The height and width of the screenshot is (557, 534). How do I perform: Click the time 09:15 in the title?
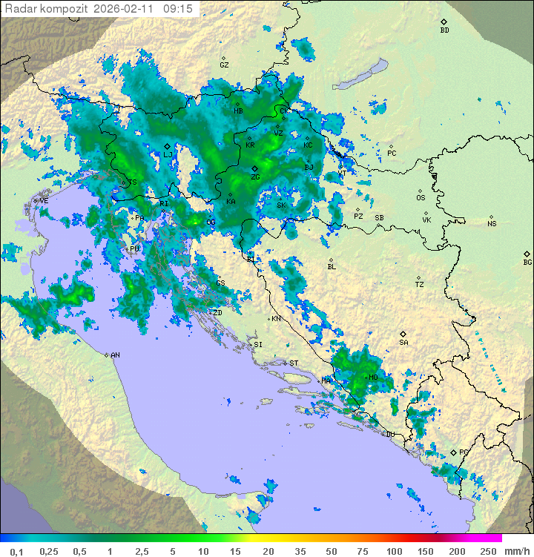coord(178,8)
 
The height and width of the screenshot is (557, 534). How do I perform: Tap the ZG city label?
coord(255,177)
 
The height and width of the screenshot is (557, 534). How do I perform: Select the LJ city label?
coord(168,154)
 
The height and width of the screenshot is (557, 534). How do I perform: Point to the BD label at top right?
coord(444,30)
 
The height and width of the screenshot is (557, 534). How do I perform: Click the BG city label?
coord(527,262)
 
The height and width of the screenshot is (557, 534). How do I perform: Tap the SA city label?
coord(403,342)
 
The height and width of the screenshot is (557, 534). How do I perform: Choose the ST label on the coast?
coord(294,363)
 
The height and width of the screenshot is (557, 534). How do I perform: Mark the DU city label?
coord(389,435)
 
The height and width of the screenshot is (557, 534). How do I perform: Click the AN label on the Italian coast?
coord(115,355)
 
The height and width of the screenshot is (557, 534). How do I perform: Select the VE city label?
coord(44,201)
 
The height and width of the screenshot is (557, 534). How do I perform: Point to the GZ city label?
coord(224,65)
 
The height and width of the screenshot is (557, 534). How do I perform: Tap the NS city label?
coord(492,224)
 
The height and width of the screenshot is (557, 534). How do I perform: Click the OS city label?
coord(421,198)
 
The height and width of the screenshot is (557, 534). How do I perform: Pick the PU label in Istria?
coord(134,248)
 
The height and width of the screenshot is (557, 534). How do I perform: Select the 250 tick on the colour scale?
coord(487,551)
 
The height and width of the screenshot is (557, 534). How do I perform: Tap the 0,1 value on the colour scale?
coord(16,551)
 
